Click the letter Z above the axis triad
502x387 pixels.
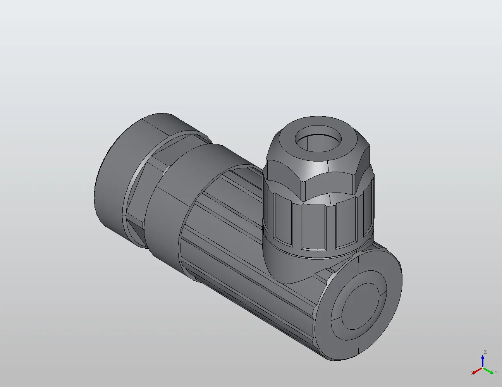click(x=485, y=352)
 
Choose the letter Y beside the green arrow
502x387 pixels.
click(x=496, y=373)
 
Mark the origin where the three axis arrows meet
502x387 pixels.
click(x=483, y=368)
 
